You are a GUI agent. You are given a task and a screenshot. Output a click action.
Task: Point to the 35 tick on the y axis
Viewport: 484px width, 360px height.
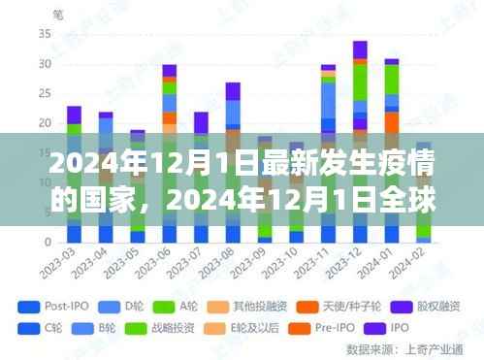44,33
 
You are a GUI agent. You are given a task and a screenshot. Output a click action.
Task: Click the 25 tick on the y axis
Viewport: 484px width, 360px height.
44,93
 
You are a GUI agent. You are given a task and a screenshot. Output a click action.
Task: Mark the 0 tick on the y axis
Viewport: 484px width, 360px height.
47,242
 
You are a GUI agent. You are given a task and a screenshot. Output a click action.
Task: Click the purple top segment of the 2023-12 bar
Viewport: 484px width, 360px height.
360,49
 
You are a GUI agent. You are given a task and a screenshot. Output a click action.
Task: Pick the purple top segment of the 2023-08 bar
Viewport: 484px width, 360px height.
232,91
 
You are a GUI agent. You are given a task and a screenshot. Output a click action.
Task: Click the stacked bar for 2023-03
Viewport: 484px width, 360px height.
74,175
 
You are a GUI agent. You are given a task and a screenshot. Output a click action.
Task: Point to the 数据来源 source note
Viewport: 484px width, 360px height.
428,347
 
